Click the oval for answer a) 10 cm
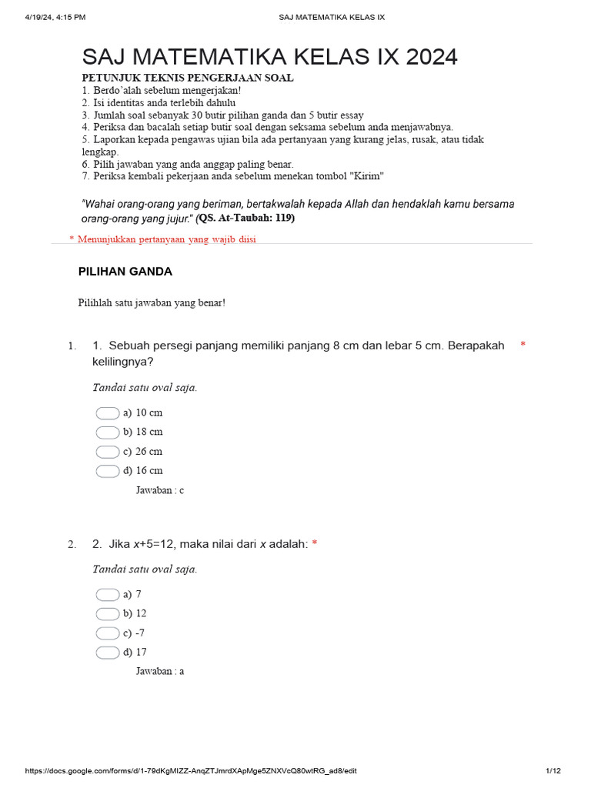pyautogui.click(x=108, y=413)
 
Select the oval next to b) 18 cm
pyautogui.click(x=108, y=432)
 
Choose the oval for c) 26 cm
pyautogui.click(x=108, y=452)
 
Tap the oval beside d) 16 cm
pyautogui.click(x=108, y=471)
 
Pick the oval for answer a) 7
pyautogui.click(x=108, y=595)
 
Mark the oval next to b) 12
pyautogui.click(x=108, y=614)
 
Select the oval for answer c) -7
pyautogui.click(x=108, y=633)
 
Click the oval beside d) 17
pyautogui.click(x=108, y=653)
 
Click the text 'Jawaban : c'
pyautogui.click(x=160, y=490)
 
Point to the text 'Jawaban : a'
pyautogui.click(x=160, y=671)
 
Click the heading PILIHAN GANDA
pyautogui.click(x=125, y=272)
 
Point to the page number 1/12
pyautogui.click(x=553, y=771)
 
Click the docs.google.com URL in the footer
pyautogui.click(x=191, y=771)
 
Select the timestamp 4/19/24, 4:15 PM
pyautogui.click(x=55, y=16)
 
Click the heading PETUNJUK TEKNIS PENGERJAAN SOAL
pyautogui.click(x=188, y=78)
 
